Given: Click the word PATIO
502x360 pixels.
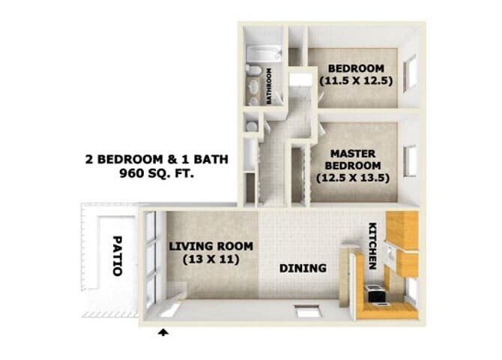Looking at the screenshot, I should point(118,256).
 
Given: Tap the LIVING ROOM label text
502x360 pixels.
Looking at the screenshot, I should point(211,246).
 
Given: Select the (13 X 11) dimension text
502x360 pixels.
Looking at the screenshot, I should point(211,259).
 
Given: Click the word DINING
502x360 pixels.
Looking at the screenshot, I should point(303,268).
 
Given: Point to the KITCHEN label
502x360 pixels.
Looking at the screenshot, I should point(372,247).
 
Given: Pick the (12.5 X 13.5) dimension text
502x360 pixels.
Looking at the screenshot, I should point(353,178).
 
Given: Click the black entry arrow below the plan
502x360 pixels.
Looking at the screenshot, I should point(163,332).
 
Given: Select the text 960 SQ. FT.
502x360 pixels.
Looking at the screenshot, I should point(162,173).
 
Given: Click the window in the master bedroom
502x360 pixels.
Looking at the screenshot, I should point(410,160).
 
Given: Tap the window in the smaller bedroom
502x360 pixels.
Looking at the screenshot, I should point(410,73).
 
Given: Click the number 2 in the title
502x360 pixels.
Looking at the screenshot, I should point(91,159).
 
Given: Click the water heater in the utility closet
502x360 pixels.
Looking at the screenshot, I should point(250,126).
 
